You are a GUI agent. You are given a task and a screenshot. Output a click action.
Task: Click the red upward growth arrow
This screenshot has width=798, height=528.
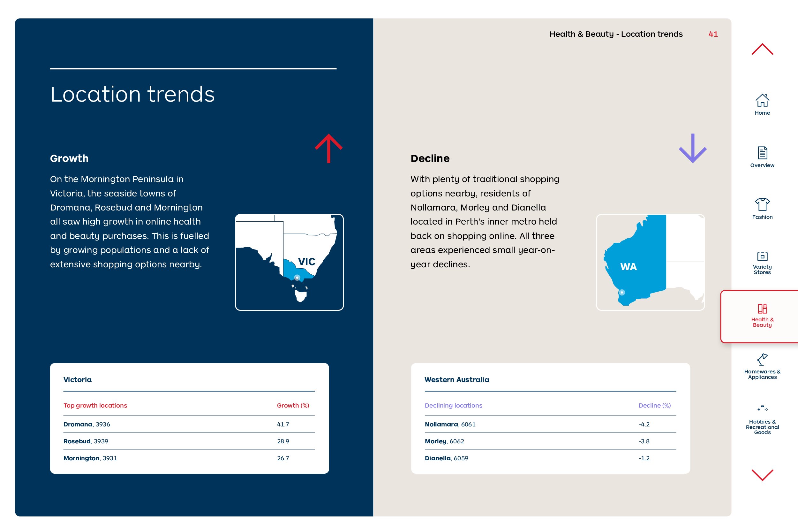(329, 149)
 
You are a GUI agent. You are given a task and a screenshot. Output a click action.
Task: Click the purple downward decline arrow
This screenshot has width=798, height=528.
(693, 148)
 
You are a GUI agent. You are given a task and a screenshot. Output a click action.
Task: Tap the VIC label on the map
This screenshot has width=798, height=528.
(306, 262)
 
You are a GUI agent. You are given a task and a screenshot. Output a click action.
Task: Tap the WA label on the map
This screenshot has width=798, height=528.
(629, 267)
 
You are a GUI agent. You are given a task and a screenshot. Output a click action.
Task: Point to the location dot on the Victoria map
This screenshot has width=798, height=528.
(297, 278)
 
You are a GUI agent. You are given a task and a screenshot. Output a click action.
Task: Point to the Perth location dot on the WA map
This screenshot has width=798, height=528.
(622, 292)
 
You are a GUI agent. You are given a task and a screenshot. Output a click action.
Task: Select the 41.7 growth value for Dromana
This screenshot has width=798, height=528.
(283, 424)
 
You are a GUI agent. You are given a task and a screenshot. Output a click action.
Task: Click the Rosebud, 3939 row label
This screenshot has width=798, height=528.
(86, 441)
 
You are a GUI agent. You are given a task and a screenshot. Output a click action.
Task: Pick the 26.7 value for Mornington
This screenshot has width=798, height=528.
(283, 458)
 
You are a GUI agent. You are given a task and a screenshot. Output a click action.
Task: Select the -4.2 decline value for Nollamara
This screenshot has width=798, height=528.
(644, 424)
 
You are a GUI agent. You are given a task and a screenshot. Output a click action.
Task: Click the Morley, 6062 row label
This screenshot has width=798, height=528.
(444, 441)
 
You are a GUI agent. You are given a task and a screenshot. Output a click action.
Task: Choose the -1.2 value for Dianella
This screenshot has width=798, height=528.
(644, 458)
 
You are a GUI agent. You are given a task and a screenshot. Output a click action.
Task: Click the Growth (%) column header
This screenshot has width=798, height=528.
(293, 405)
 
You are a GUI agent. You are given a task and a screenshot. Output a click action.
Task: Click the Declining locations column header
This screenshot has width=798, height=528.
(453, 405)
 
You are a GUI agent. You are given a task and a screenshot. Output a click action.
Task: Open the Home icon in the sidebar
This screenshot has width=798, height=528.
(762, 100)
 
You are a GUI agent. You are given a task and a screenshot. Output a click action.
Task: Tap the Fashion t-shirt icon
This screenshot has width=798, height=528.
(762, 204)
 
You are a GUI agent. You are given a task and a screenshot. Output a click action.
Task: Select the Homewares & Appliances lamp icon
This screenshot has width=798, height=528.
(762, 359)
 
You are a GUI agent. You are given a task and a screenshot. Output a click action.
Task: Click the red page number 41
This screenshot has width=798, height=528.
(713, 34)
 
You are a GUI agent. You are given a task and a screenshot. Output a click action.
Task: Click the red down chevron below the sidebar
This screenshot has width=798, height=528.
(762, 475)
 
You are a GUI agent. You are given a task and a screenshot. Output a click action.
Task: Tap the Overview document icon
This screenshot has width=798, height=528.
(762, 153)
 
